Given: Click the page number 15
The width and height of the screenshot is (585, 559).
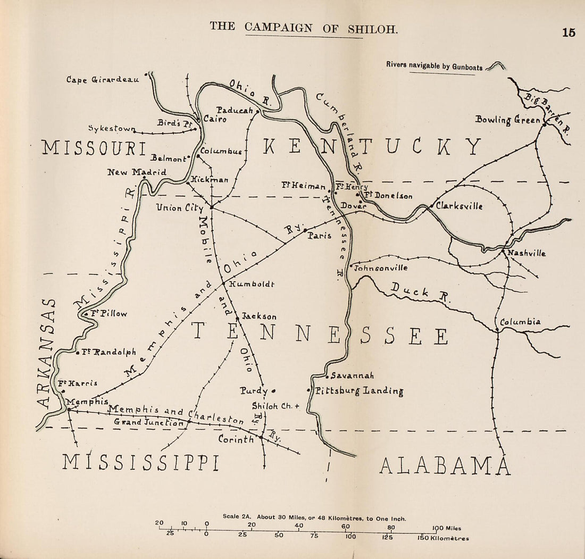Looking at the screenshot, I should click(x=568, y=32).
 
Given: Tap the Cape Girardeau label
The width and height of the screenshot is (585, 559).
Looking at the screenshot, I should click(x=103, y=80).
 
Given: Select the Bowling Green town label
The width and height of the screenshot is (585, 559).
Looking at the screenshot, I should click(x=507, y=120).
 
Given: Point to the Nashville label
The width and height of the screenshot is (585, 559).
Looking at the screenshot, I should click(x=526, y=253).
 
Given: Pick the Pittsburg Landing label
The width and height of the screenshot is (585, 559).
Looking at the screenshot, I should click(x=359, y=391).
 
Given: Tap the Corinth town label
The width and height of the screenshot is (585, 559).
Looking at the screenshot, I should click(x=236, y=439).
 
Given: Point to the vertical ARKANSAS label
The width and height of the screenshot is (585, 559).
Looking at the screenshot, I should click(x=48, y=354).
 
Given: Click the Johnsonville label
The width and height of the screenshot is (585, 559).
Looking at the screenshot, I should click(x=381, y=268).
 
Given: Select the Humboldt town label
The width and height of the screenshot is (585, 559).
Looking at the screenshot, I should click(x=252, y=284).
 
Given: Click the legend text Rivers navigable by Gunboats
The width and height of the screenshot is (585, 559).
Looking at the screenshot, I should click(x=434, y=66).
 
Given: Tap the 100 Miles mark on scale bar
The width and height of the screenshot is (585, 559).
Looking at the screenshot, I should click(x=446, y=528).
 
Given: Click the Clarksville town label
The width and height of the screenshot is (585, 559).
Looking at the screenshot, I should click(x=459, y=206).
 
